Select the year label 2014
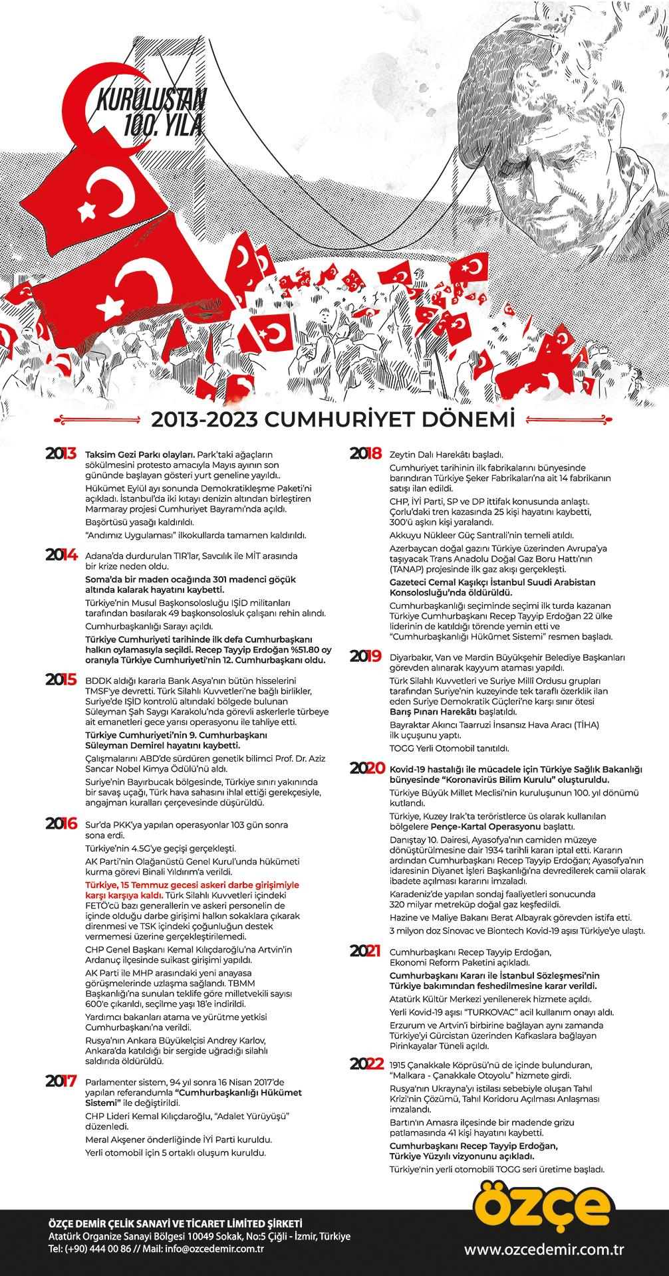tap(61, 555)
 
